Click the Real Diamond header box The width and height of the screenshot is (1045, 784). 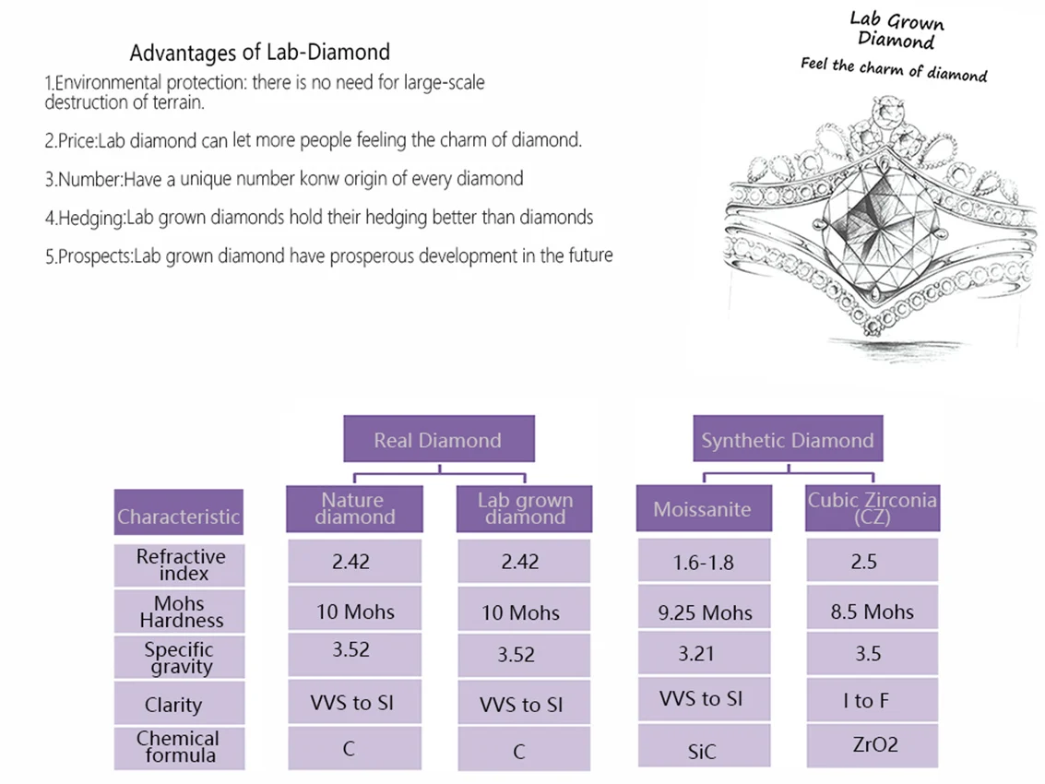pos(438,439)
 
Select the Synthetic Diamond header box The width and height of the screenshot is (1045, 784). pos(788,439)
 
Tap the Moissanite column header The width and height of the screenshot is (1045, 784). pos(704,508)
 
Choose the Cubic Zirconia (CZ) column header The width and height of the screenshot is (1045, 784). pos(873,508)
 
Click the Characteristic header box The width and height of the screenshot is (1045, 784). pos(179,512)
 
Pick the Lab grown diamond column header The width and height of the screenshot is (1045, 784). pos(524,508)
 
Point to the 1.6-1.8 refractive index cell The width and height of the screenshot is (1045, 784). pos(704,561)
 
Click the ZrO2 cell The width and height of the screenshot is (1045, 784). pos(873,745)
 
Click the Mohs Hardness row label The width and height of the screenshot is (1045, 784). pos(179,612)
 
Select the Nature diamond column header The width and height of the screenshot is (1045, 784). pos(354,508)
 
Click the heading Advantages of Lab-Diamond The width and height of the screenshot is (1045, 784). pos(260,52)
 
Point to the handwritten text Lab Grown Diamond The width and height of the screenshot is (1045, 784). pos(897,30)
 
